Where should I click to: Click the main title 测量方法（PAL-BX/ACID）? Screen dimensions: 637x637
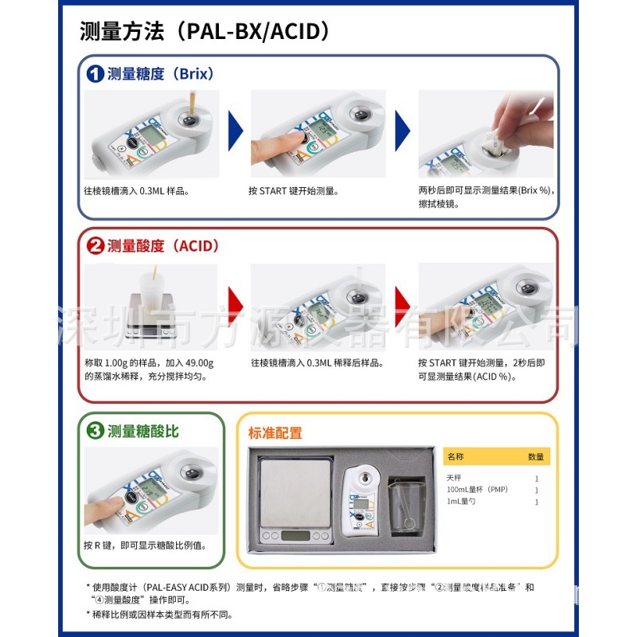click(x=205, y=32)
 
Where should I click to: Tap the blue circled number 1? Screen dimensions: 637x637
click(x=95, y=74)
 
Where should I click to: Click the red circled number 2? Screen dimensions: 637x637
click(x=95, y=246)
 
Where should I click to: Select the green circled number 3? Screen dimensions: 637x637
click(x=95, y=432)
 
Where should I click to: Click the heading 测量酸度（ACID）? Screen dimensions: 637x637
click(x=162, y=246)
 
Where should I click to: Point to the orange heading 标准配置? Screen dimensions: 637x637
click(x=275, y=434)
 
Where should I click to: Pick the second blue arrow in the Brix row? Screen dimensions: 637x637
click(x=403, y=130)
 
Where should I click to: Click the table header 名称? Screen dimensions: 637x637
click(x=455, y=457)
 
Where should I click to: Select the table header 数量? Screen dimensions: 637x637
click(x=536, y=457)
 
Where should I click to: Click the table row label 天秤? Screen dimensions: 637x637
click(x=454, y=478)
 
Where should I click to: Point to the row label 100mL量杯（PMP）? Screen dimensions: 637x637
click(x=477, y=489)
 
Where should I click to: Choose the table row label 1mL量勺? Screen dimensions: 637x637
click(x=461, y=502)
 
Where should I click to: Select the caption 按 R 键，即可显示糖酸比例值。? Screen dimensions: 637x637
click(x=145, y=545)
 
